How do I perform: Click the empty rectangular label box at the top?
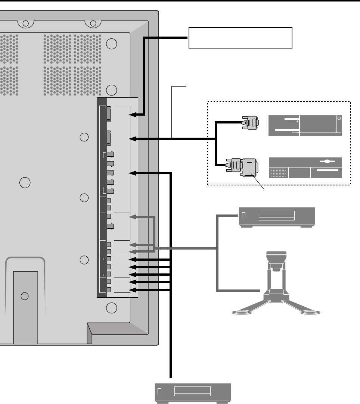tap(240, 38)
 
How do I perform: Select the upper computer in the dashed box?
tap(305, 126)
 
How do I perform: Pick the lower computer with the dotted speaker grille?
tap(305, 167)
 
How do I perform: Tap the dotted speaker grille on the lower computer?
tap(279, 173)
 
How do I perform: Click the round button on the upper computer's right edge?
tap(339, 118)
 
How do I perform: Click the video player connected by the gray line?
tap(277, 216)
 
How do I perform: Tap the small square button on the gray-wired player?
tap(244, 215)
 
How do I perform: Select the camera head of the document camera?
tap(276, 260)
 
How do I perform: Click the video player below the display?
tap(193, 392)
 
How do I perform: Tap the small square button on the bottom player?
tap(159, 392)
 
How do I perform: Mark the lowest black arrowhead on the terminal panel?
tap(132, 289)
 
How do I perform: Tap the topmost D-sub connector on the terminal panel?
tap(108, 114)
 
